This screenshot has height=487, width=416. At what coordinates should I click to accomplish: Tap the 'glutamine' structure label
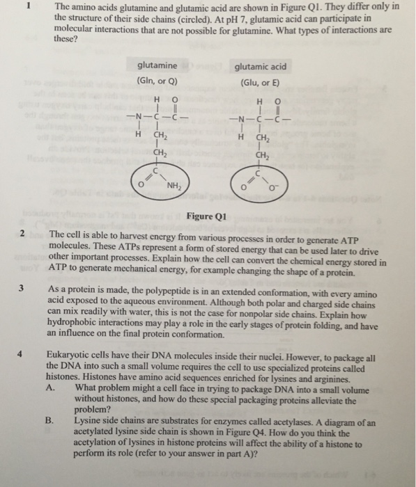[157, 66]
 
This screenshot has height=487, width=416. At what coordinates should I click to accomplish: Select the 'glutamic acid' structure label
[260, 66]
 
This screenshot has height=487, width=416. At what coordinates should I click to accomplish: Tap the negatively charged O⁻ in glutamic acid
[277, 186]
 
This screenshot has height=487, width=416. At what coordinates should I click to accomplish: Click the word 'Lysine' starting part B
[89, 422]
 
